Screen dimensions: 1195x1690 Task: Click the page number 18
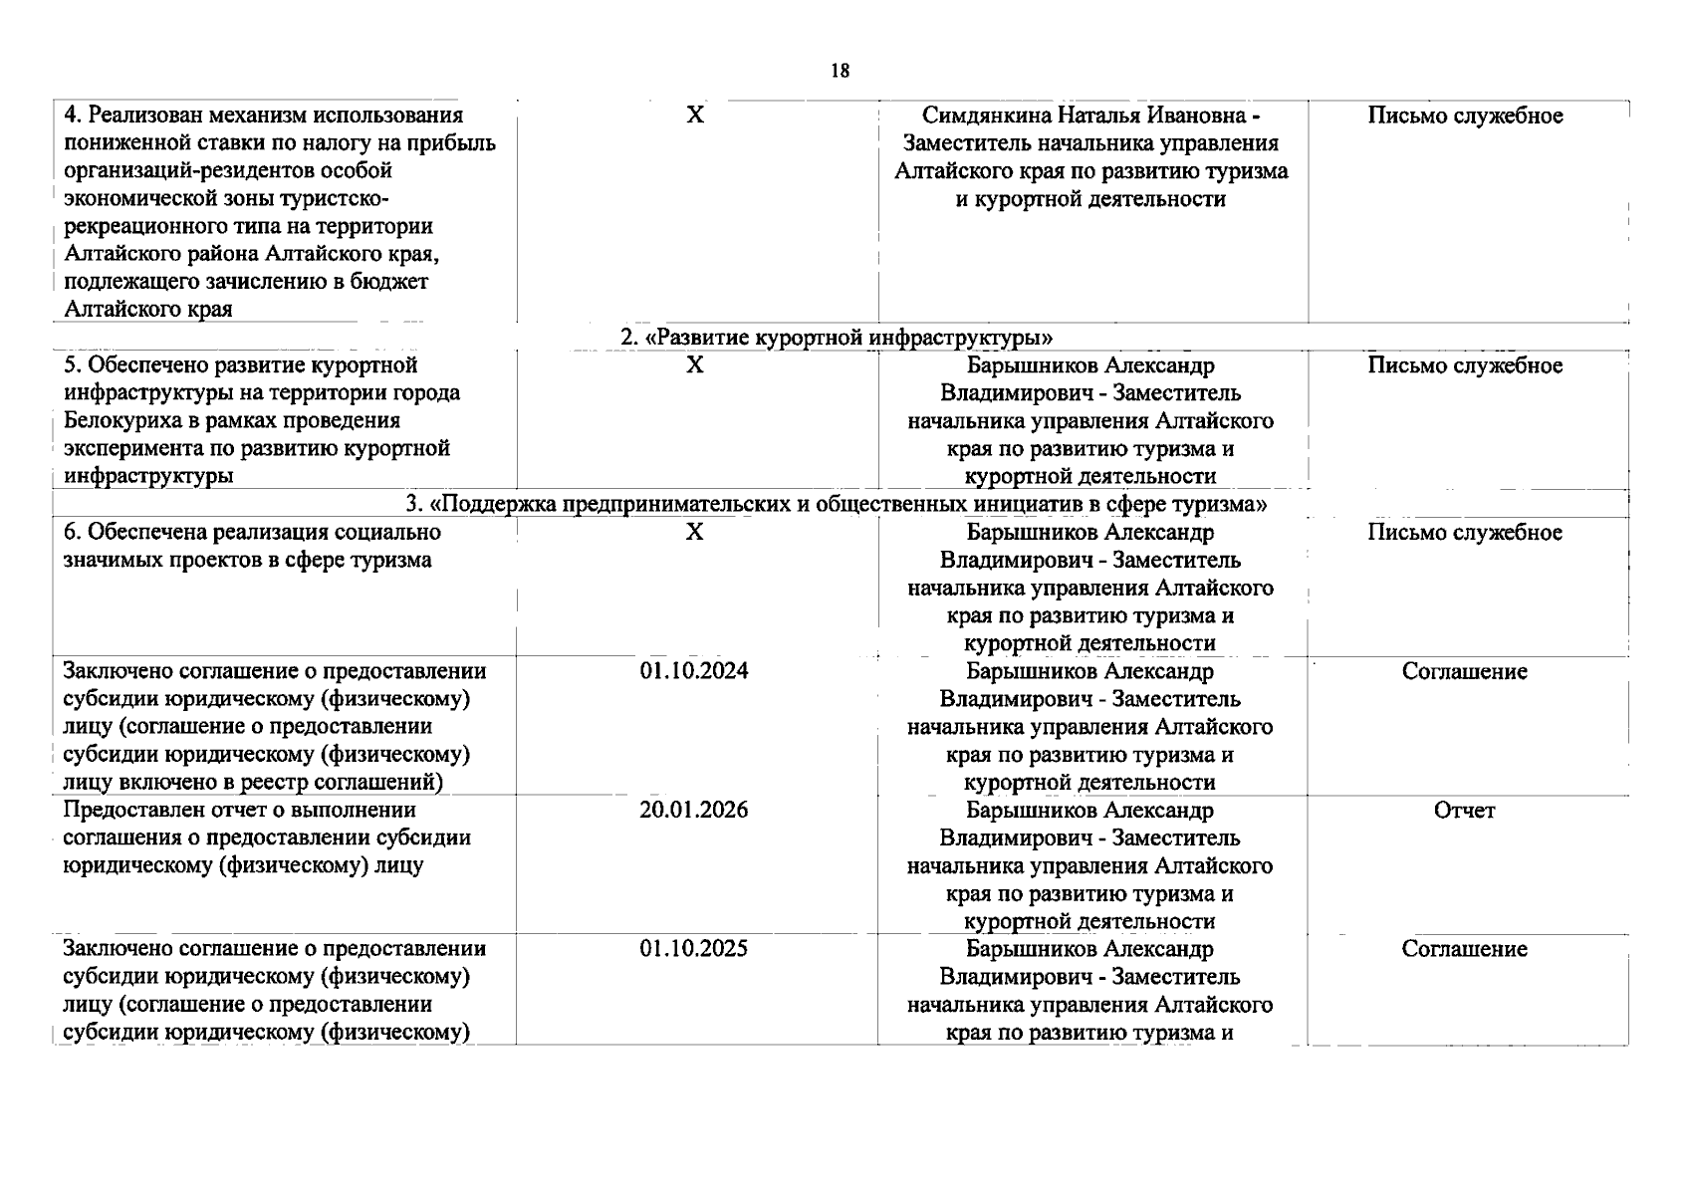(x=840, y=71)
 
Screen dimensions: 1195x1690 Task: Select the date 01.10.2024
(x=694, y=671)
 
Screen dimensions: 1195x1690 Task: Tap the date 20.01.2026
(x=694, y=810)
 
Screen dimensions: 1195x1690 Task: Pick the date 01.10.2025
(x=694, y=949)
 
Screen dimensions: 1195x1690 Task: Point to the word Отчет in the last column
(x=1464, y=811)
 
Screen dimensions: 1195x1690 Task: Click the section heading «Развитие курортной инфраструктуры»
(x=837, y=338)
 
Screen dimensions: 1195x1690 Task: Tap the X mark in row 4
(x=695, y=116)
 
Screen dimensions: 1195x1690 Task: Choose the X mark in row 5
(x=695, y=365)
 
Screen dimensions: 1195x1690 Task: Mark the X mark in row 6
(x=695, y=533)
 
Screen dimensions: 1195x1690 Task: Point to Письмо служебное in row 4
(x=1465, y=116)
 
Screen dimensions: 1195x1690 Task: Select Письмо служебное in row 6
(x=1465, y=533)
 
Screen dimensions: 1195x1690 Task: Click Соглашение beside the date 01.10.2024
(x=1464, y=671)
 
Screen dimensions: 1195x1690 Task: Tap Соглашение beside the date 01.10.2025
(x=1464, y=949)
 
